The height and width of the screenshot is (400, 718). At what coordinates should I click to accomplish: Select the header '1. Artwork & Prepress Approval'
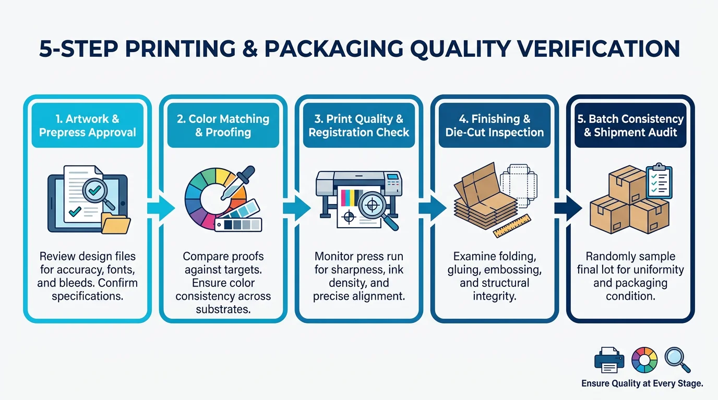[88, 126]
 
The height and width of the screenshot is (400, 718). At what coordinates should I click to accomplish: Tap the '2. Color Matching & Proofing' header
[223, 126]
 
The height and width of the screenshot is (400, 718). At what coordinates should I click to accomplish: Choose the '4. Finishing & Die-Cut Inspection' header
[495, 126]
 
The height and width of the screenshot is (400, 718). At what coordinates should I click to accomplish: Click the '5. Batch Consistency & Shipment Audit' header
[630, 126]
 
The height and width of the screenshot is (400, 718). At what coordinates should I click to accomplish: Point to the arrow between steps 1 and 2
[161, 208]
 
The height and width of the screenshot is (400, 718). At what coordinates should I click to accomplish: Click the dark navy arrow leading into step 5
[568, 208]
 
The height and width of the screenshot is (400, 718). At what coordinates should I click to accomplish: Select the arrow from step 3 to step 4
[433, 208]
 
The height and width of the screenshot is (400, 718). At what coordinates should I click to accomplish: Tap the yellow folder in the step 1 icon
[116, 223]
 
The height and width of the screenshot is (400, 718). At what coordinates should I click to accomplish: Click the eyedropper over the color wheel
[238, 183]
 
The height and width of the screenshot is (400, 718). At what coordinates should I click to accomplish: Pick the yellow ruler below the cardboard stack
[512, 226]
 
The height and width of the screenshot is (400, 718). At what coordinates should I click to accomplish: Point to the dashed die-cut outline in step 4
[519, 186]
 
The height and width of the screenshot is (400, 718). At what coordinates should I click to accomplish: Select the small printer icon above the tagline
[609, 360]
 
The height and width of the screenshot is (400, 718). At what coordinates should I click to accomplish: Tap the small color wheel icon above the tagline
[644, 360]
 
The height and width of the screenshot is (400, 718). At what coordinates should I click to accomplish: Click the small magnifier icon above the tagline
[677, 360]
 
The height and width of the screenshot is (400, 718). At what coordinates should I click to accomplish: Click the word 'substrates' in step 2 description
[223, 309]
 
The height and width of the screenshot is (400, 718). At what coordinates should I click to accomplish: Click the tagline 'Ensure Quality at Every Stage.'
[642, 383]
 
